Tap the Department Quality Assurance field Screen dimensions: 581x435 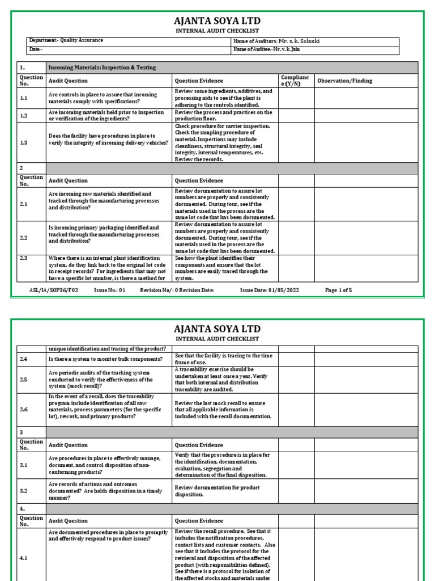(66, 41)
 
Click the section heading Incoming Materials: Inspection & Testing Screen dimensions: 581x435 (102, 68)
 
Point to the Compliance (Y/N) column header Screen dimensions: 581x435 (295, 81)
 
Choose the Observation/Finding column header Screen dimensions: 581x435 (344, 81)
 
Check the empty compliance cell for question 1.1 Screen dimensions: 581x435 (296, 98)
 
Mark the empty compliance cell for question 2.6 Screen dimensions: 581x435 (296, 409)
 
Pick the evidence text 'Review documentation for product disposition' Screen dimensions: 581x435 (217, 491)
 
